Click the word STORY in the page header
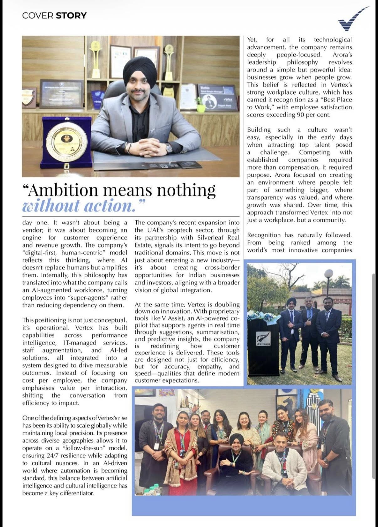[71, 15]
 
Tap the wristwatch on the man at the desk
[169, 147]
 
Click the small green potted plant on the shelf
[200, 104]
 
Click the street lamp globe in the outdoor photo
[328, 273]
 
